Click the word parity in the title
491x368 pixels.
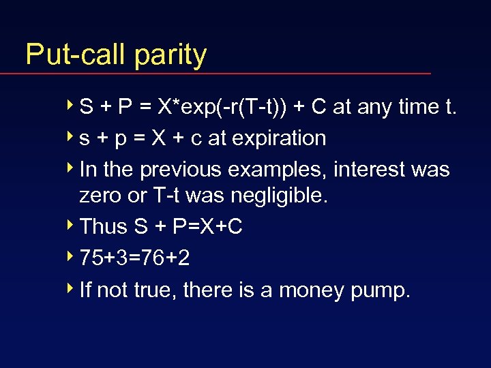coord(170,55)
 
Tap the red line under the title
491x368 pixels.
coord(225,73)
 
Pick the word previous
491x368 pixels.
coord(183,169)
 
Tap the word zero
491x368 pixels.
coord(99,196)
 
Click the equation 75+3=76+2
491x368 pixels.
coord(134,258)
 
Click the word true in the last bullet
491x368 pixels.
coord(153,290)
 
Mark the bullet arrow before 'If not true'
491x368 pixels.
coord(72,289)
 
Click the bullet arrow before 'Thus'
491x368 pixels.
coord(72,226)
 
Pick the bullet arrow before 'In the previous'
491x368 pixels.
coord(72,168)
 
